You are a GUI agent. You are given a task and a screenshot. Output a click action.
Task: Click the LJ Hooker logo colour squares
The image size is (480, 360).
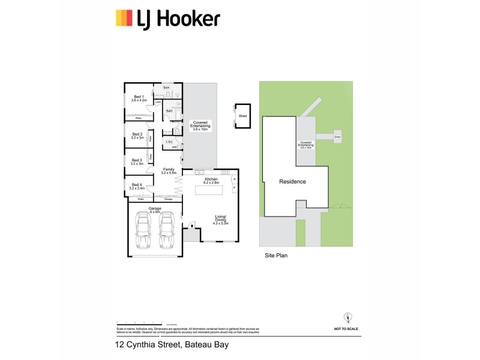pyautogui.click(x=124, y=18)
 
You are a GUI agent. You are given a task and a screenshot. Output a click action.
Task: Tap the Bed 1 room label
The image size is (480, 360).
pyautogui.click(x=139, y=98)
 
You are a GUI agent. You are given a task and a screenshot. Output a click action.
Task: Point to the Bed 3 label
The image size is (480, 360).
pyautogui.click(x=137, y=161)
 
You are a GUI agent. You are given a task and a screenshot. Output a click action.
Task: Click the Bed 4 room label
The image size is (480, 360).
pyautogui.click(x=137, y=186)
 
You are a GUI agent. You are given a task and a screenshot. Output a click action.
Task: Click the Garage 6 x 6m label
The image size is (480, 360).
pyautogui.click(x=154, y=210)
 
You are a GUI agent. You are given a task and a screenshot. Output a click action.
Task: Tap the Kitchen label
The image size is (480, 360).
pyautogui.click(x=210, y=179)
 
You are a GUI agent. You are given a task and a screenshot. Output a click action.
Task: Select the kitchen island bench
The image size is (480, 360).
pyautogui.click(x=211, y=190)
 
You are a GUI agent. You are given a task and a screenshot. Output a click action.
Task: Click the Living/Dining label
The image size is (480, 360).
pyautogui.click(x=222, y=220)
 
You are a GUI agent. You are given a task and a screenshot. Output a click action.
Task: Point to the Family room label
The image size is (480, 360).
pyautogui.click(x=169, y=171)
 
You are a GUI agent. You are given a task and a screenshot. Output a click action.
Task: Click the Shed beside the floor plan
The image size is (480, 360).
pyautogui.click(x=242, y=116)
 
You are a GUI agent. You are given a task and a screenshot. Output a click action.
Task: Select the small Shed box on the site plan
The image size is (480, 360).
pyautogui.click(x=338, y=136)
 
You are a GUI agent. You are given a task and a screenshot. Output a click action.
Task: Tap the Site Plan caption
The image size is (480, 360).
pyautogui.click(x=277, y=255)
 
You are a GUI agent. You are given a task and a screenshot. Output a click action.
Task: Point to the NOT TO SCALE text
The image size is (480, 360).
pyautogui.click(x=346, y=329)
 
